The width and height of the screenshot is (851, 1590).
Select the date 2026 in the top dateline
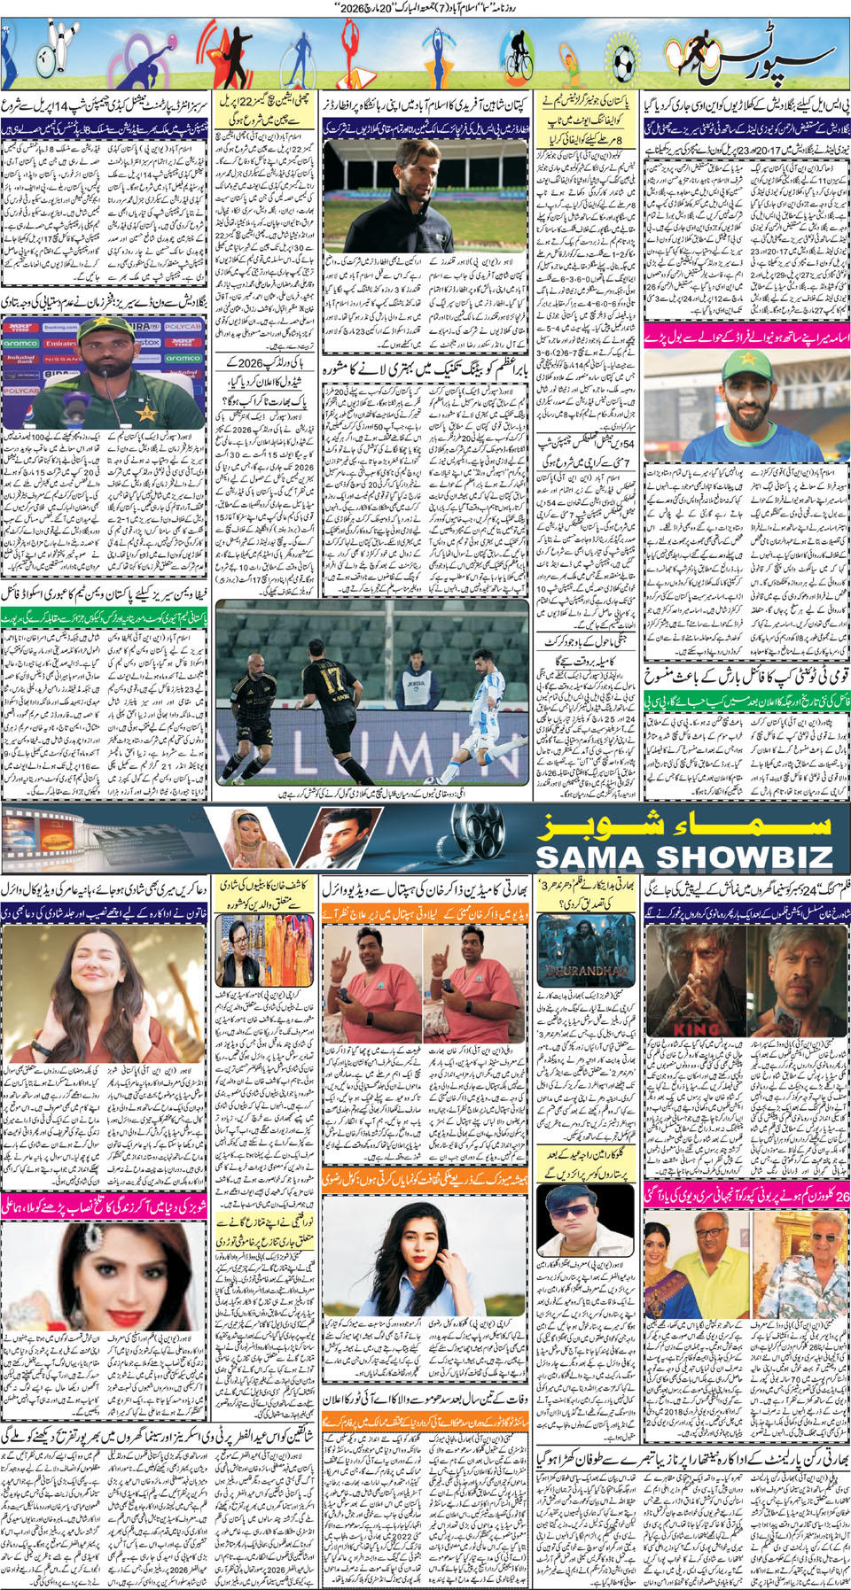tap(362, 8)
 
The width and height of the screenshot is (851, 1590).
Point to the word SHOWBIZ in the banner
tap(745, 857)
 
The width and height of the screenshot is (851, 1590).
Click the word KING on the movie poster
tap(697, 1029)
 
